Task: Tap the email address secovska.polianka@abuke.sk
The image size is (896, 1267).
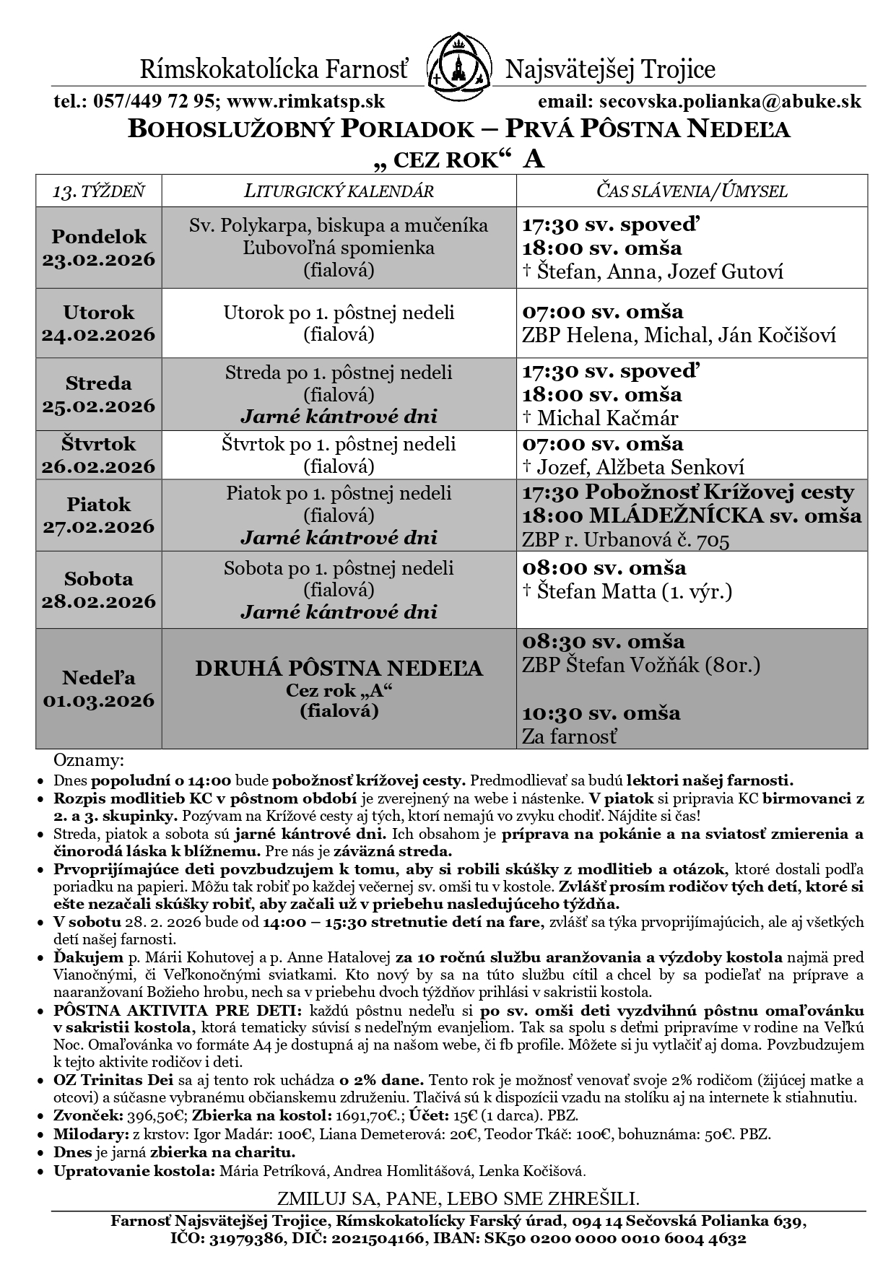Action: (x=726, y=102)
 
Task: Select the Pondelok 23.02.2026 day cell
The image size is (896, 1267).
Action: (x=99, y=248)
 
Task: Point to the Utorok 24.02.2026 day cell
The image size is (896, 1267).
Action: (x=99, y=323)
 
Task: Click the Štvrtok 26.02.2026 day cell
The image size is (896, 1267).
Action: (x=99, y=454)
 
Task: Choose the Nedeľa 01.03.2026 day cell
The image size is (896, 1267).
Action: (x=99, y=689)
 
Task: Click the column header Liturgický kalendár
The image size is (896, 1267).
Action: (x=339, y=191)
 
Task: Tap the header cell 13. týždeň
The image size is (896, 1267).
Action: (x=99, y=191)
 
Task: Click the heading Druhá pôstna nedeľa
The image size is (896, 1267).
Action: (x=339, y=669)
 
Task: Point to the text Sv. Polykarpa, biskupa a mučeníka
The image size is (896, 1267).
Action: (x=339, y=225)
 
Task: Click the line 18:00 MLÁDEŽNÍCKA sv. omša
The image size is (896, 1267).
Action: (x=691, y=516)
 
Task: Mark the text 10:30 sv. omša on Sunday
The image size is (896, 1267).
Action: (x=601, y=713)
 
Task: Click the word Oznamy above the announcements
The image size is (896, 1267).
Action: (x=89, y=761)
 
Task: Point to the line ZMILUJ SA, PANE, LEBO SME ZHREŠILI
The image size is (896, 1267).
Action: (x=458, y=1198)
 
